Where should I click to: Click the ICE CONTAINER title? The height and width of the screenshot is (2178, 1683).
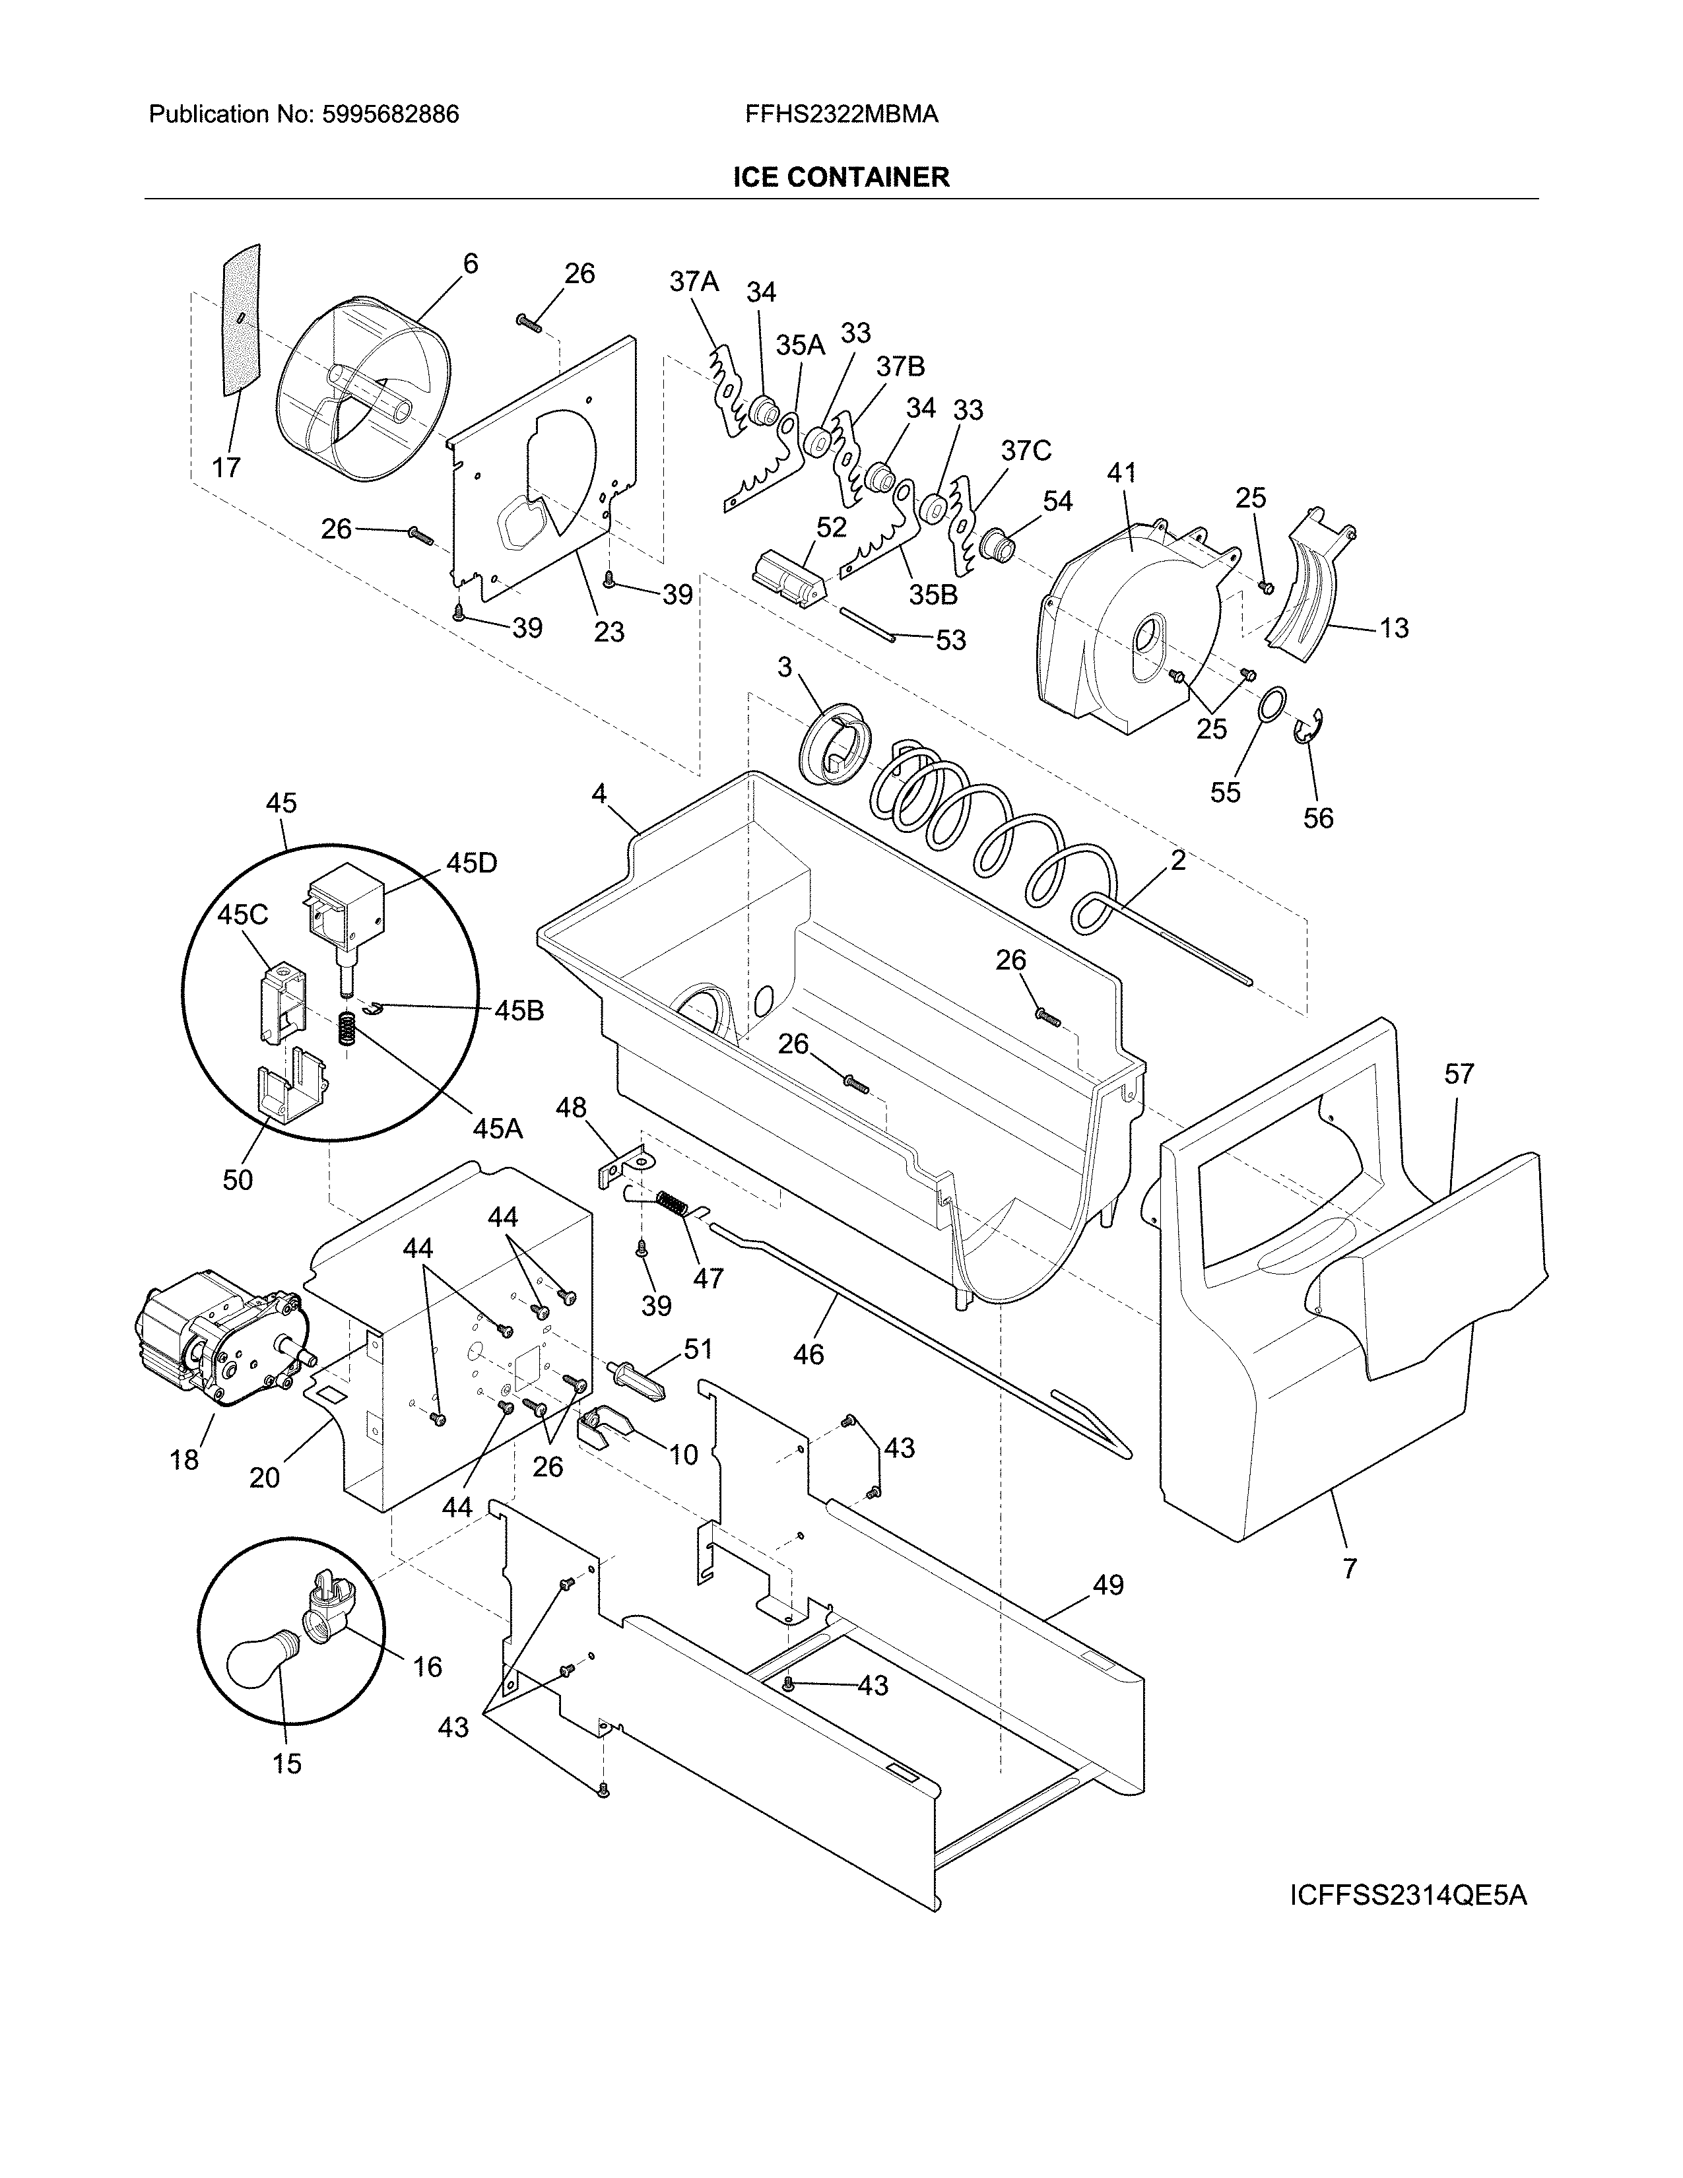click(840, 178)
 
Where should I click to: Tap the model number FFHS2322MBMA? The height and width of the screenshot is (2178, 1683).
click(840, 115)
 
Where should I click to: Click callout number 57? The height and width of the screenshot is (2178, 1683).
click(1459, 1074)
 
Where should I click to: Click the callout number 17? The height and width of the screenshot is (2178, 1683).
click(226, 467)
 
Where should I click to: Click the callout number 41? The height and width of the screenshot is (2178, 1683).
click(1121, 472)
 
